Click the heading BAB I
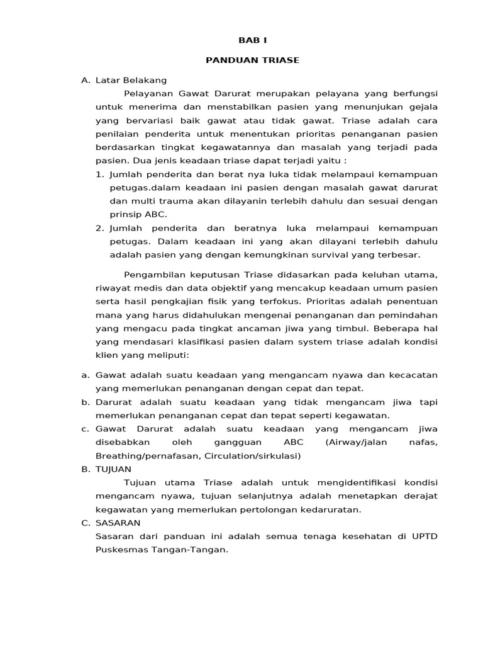(x=252, y=40)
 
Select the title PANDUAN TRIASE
(x=252, y=60)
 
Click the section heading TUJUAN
(x=114, y=469)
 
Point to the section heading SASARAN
(x=118, y=523)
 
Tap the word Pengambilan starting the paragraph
(x=153, y=275)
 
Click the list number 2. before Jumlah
(x=100, y=228)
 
